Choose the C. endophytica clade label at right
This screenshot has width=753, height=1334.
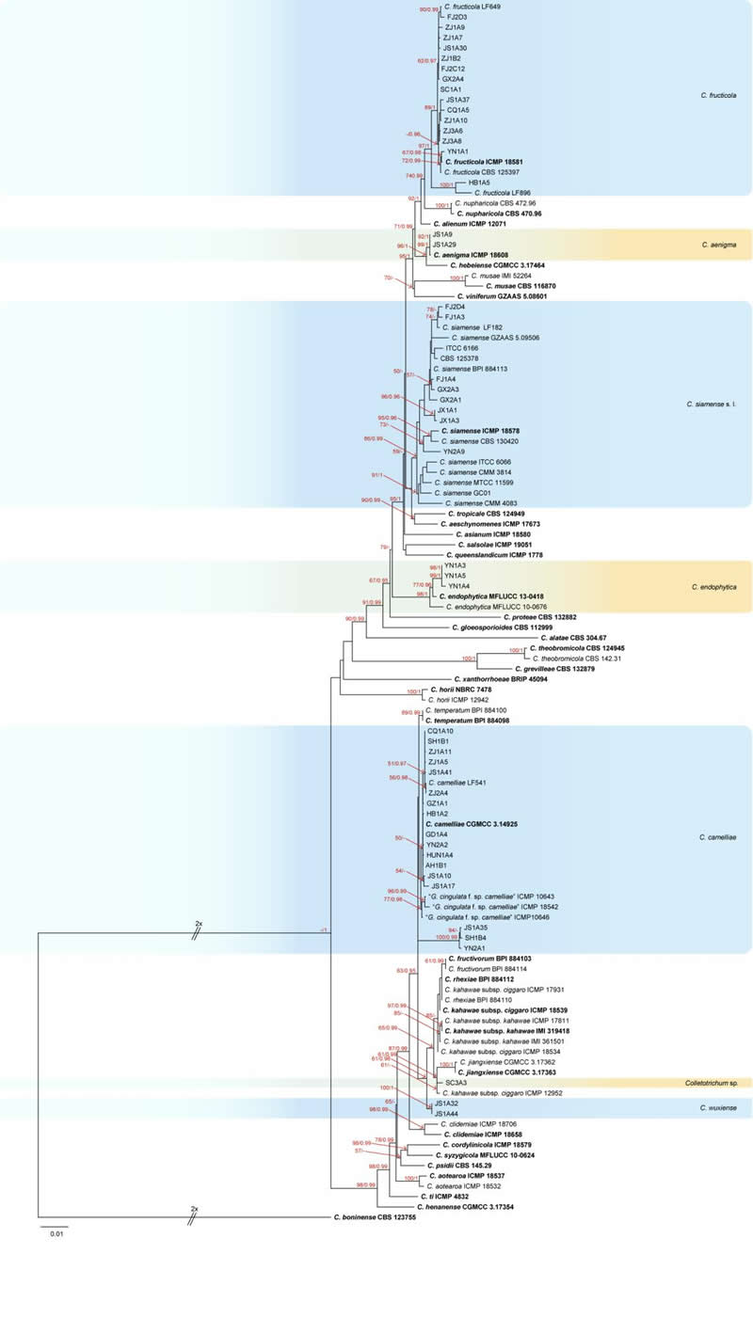713,586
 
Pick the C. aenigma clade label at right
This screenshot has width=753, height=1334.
718,245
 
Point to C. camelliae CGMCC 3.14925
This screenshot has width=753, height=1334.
476,823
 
